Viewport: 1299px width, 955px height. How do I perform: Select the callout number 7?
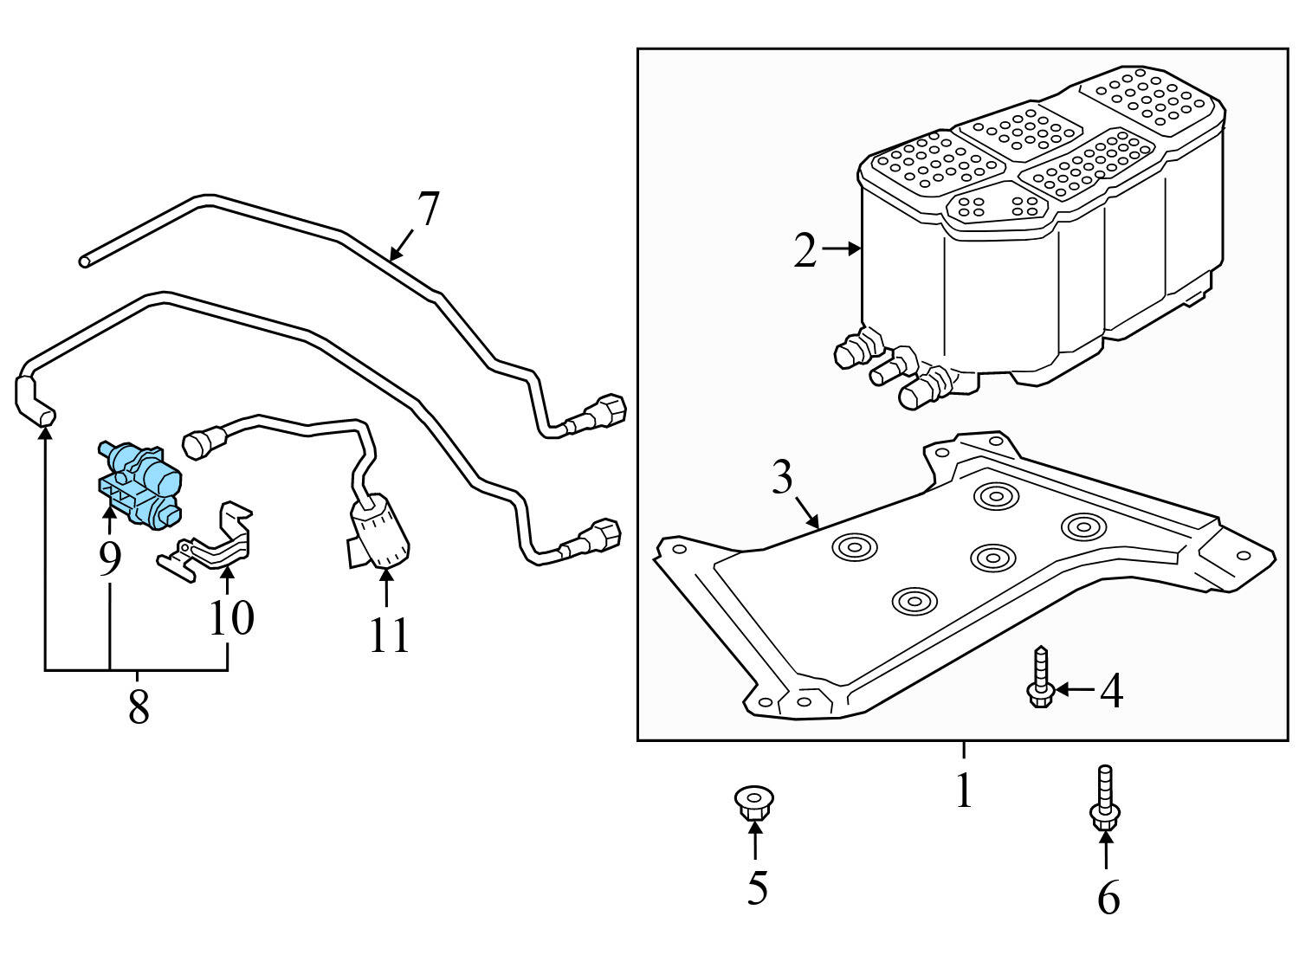[x=428, y=209]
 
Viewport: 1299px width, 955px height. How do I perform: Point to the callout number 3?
[x=782, y=476]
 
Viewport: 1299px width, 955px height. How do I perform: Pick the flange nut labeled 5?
[x=754, y=803]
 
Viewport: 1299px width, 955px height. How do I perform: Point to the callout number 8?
[x=139, y=707]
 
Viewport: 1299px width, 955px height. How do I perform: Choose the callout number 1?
[x=964, y=789]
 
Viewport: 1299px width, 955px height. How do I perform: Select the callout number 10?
[x=231, y=618]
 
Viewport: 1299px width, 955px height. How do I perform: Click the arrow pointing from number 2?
[x=842, y=248]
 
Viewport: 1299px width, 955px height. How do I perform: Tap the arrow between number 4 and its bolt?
[x=1075, y=689]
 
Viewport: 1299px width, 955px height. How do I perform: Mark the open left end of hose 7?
[x=85, y=262]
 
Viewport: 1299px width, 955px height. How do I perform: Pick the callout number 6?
[x=1108, y=897]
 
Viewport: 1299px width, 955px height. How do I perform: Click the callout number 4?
[x=1111, y=691]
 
